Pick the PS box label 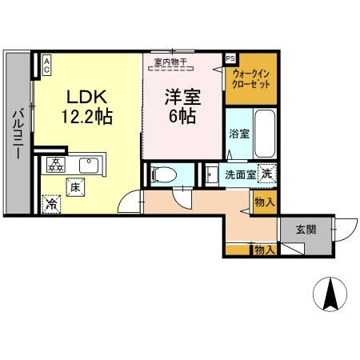click(230, 58)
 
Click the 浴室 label click(238, 134)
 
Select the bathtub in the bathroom click(263, 132)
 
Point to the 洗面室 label click(239, 174)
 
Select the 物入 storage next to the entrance click(264, 250)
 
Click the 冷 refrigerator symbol click(52, 204)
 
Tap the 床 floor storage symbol click(74, 186)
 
